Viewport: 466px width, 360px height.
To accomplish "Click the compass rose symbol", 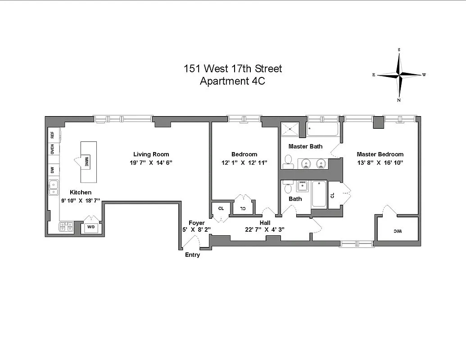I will (399, 75).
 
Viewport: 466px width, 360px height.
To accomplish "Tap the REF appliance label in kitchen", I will (52, 135).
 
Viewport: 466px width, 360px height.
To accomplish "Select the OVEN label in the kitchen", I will (52, 149).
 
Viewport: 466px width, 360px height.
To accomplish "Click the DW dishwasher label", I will (52, 170).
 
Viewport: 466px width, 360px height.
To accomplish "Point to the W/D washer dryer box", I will (91, 228).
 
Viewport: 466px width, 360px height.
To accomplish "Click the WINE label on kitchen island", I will (85, 161).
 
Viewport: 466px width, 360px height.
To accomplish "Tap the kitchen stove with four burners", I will (66, 227).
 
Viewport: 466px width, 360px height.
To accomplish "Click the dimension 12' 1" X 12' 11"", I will (244, 162).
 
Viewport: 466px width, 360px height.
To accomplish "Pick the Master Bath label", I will (305, 146).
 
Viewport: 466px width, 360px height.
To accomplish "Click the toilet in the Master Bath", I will (288, 161).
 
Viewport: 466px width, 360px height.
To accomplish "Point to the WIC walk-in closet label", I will (396, 231).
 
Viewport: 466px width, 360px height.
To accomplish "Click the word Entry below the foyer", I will (192, 255).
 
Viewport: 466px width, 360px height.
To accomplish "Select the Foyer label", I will (197, 223).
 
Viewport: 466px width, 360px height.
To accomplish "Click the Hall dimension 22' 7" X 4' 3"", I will (265, 229).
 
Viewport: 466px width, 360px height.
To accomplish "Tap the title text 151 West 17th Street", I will (233, 69).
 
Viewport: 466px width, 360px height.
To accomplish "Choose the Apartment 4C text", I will (233, 81).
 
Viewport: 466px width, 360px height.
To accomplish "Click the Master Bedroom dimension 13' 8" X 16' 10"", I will (380, 162).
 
